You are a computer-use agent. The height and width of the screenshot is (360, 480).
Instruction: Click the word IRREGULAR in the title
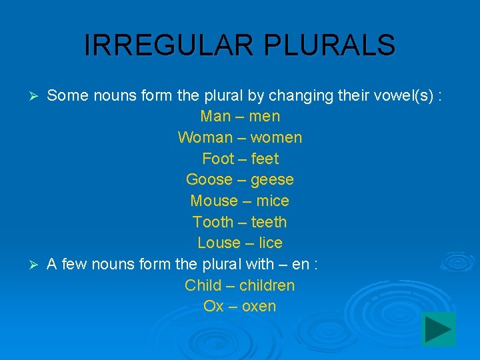coord(170,45)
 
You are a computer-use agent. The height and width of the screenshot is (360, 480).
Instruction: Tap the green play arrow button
coord(439,329)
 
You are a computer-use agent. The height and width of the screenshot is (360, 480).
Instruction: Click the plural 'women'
coord(277,137)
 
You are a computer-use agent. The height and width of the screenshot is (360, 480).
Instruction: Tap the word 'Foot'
coord(218,159)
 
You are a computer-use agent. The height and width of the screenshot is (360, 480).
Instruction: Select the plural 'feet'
coord(265,159)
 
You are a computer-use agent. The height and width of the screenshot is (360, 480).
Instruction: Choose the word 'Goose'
coord(209,179)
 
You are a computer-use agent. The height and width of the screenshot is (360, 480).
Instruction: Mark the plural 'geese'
coord(272,180)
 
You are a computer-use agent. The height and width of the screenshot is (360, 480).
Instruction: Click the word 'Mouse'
coord(214,201)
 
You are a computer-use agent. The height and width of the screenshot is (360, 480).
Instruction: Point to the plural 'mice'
coord(273,201)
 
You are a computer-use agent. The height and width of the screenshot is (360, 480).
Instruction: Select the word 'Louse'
coord(219,243)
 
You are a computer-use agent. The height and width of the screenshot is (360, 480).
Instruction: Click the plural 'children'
coord(267,285)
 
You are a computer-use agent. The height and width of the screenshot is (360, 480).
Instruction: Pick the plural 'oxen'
coord(259,306)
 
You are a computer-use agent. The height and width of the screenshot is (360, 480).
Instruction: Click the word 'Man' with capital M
coord(215,116)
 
